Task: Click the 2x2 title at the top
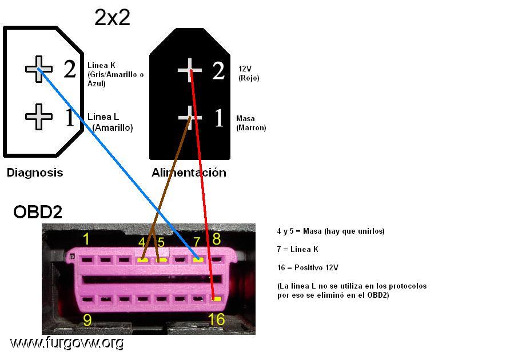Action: pyautogui.click(x=112, y=17)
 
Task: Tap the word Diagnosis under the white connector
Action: pyautogui.click(x=35, y=173)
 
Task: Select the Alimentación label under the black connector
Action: pyautogui.click(x=189, y=173)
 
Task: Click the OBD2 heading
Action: pyautogui.click(x=38, y=212)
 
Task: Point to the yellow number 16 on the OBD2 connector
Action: pyautogui.click(x=216, y=319)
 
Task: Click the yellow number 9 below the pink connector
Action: pyautogui.click(x=87, y=320)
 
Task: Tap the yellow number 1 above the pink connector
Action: pyautogui.click(x=86, y=239)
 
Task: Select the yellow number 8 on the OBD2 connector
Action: pyautogui.click(x=217, y=239)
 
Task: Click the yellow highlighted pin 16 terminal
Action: pyautogui.click(x=216, y=299)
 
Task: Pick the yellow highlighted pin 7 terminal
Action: pyautogui.click(x=198, y=259)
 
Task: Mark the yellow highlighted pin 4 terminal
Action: pyautogui.click(x=142, y=259)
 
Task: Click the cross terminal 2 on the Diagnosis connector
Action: pyautogui.click(x=39, y=69)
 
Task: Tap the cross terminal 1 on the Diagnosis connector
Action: pyautogui.click(x=39, y=117)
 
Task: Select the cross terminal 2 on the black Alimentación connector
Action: pyautogui.click(x=190, y=70)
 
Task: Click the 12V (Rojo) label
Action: pyautogui.click(x=249, y=73)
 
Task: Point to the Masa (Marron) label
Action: pyautogui.click(x=251, y=123)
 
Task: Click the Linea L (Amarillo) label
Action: pyautogui.click(x=110, y=122)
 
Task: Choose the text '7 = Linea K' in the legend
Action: pyautogui.click(x=297, y=249)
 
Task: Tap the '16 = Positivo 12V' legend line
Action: pyautogui.click(x=308, y=267)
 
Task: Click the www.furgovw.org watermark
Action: pyautogui.click(x=66, y=343)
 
